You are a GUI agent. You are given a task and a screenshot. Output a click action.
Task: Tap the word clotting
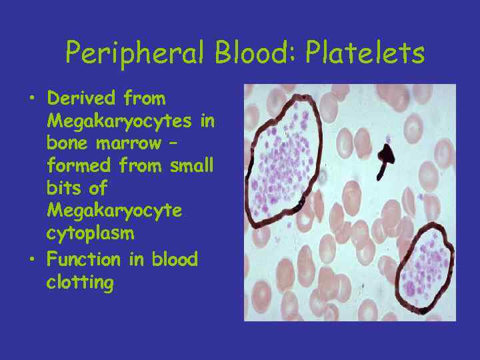point(80,283)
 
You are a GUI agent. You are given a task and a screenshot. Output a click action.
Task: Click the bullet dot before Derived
point(31,99)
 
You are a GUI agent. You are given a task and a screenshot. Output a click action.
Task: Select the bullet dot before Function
point(31,259)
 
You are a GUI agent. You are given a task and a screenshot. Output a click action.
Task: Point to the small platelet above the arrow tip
point(387,141)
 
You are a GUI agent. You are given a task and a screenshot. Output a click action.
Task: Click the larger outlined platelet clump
point(284,163)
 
